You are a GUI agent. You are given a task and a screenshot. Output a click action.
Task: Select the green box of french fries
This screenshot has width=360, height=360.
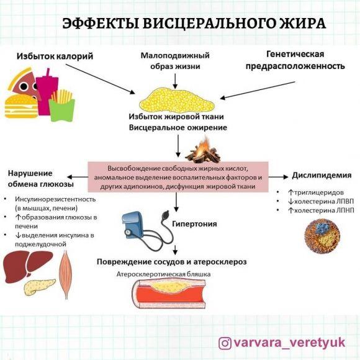62,105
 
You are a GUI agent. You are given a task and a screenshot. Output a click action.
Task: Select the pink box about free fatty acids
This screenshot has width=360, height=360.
178,178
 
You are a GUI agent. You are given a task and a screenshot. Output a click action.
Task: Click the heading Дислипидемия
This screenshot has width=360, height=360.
318,176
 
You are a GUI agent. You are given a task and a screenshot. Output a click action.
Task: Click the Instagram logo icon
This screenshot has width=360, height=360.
225,343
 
